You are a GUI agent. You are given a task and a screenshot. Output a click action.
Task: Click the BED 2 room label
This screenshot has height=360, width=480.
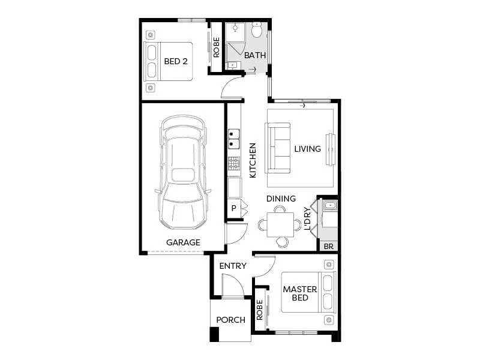click(176, 61)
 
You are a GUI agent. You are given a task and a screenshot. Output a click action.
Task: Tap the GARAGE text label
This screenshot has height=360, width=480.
click(183, 242)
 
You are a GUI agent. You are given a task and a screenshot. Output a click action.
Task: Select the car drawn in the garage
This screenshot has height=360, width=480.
click(182, 172)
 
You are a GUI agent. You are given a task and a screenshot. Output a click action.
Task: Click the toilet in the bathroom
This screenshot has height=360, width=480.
click(257, 31)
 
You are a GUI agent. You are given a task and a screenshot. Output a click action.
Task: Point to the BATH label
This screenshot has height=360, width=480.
click(254, 56)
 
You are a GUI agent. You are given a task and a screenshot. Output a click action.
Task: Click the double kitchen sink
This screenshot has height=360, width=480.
click(233, 139)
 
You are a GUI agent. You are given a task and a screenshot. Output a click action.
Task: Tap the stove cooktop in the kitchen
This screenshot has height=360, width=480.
click(233, 163)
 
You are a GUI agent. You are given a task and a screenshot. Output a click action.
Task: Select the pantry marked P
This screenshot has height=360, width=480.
click(233, 208)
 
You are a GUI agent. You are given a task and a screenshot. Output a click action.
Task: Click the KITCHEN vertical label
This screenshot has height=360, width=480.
click(253, 160)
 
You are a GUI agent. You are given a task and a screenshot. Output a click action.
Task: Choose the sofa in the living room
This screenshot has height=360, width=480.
click(278, 148)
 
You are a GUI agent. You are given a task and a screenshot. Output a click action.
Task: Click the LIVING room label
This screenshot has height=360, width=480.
click(307, 149)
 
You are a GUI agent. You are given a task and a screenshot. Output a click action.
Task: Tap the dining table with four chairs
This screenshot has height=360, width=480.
click(280, 225)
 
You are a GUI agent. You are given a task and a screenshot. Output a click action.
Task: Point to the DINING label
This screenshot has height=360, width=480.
click(281, 199)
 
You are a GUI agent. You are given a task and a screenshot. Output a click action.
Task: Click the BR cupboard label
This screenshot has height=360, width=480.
click(328, 245)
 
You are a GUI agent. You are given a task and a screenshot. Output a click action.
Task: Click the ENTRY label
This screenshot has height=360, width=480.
click(233, 266)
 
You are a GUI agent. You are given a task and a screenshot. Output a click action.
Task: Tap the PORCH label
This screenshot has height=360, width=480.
click(231, 320)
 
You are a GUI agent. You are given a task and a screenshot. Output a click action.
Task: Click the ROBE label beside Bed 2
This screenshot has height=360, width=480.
click(216, 47)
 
